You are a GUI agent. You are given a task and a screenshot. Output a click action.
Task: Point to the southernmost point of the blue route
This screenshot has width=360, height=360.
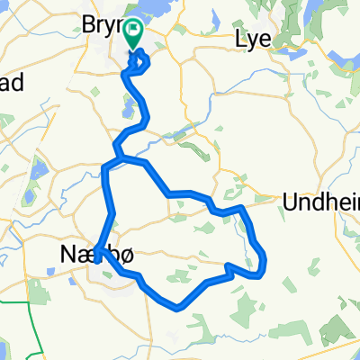click(x=180, y=307)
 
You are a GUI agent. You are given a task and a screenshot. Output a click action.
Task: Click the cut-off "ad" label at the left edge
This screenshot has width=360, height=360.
click(x=9, y=82)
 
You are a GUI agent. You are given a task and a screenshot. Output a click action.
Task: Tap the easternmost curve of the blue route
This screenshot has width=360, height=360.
click(x=266, y=261)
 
